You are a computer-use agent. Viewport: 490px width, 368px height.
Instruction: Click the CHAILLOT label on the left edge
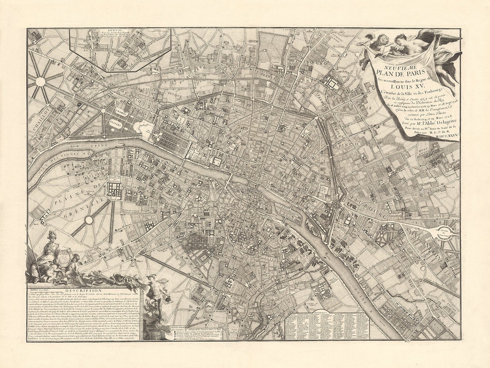coord(38,119)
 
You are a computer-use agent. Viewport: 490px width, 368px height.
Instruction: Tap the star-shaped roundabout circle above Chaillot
coord(40,82)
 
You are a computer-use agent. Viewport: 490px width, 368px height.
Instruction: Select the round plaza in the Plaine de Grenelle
coord(89,220)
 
